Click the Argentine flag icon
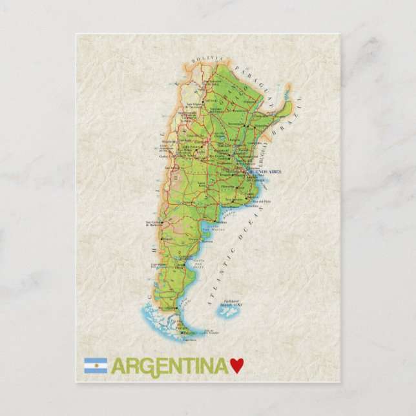[x=95, y=366]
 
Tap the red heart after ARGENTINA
[x=237, y=366]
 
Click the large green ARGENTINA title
[x=170, y=366]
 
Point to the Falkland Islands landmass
[x=227, y=313]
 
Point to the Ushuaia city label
[x=189, y=339]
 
